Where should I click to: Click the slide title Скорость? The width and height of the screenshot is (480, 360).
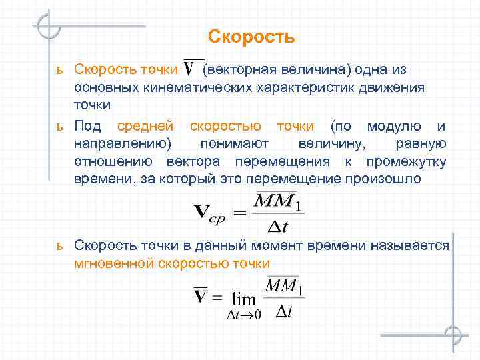251,36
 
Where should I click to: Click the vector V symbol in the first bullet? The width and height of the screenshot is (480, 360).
194,69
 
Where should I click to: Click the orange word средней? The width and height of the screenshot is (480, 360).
145,126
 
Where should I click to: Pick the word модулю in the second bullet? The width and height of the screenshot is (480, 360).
394,126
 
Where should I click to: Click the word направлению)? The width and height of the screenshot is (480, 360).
123,144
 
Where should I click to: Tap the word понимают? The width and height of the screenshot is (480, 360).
231,144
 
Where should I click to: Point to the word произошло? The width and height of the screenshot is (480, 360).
379,179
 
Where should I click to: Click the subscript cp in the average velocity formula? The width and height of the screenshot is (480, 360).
217,215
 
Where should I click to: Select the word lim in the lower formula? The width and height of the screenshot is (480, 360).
243,299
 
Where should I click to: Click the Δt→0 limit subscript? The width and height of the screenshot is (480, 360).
245,315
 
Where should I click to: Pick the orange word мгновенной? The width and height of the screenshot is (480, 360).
114,263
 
